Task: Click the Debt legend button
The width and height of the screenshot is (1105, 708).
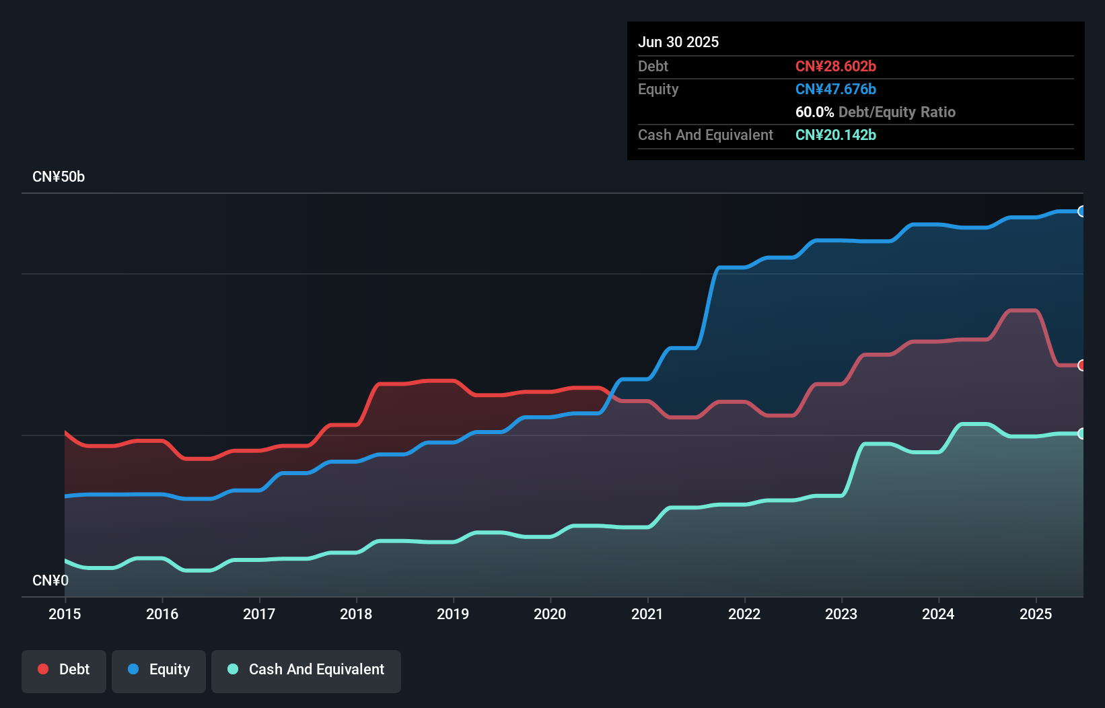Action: pos(64,670)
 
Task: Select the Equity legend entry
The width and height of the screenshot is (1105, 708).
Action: pos(159,670)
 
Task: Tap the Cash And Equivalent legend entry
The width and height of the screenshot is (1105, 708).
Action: pos(306,670)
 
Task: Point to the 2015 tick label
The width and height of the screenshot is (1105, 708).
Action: pos(65,614)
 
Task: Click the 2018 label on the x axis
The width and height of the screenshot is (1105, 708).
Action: pos(356,614)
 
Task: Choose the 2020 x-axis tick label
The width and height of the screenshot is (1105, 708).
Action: pos(550,614)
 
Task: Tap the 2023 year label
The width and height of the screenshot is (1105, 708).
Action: pos(841,614)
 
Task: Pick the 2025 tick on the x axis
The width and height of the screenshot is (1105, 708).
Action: pos(1036,614)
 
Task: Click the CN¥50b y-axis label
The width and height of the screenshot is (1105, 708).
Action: pos(59,177)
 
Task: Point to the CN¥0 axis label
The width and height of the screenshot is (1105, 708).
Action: pos(50,580)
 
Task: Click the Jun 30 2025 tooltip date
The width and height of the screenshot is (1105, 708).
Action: pos(678,42)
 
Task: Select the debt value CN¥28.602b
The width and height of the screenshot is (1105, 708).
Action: pos(835,66)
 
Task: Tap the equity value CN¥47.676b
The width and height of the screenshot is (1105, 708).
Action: pos(835,89)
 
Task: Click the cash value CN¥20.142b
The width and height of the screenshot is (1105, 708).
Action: pos(835,135)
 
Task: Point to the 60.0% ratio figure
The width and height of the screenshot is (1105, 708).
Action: pos(814,112)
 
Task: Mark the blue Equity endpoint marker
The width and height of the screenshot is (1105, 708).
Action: pos(1081,211)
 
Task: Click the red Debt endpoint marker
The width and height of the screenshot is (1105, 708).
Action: pos(1081,365)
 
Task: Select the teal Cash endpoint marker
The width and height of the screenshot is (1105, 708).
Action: pos(1081,433)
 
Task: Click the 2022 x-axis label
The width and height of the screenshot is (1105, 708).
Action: pos(744,614)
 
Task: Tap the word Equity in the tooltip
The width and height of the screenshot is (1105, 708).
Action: pos(658,89)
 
